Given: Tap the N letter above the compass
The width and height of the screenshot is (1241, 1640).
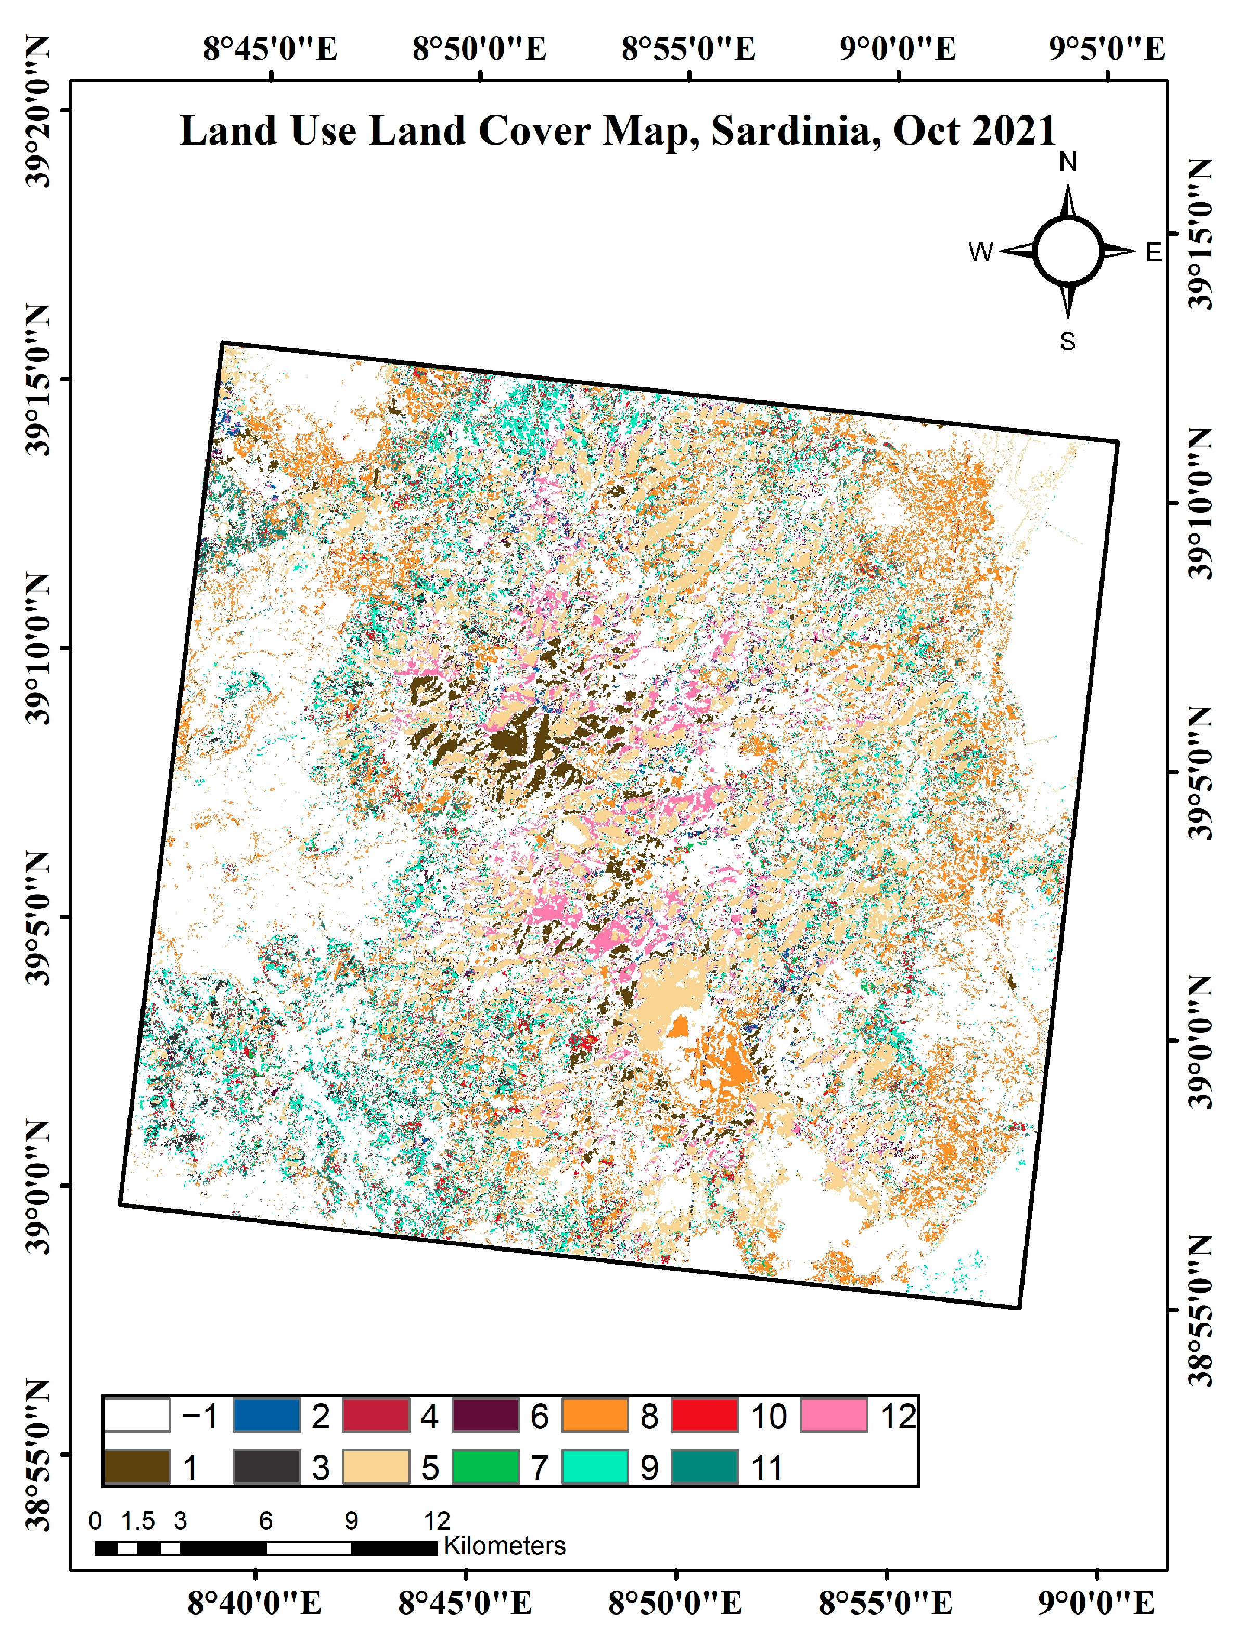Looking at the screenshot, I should [1067, 162].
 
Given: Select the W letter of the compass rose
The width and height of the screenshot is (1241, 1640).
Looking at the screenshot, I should [980, 252].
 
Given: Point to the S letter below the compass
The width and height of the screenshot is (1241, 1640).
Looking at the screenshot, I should [1067, 342].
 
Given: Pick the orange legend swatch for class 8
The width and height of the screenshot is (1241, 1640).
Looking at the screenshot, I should [595, 1415].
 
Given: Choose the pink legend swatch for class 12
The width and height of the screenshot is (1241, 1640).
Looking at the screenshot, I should [834, 1415].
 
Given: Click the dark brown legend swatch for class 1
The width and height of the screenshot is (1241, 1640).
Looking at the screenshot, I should [136, 1467].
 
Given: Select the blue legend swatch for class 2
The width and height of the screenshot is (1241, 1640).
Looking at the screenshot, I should [266, 1415].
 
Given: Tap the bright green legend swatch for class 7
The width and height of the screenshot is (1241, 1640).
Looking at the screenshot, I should [485, 1467].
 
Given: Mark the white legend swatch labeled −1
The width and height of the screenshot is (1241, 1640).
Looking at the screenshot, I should [136, 1415].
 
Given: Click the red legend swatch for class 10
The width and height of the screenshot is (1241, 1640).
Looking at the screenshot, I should [705, 1415].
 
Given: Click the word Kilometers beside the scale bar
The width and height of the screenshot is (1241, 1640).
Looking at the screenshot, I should [504, 1546].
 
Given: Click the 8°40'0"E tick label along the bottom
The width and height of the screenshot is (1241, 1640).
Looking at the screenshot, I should [254, 1604].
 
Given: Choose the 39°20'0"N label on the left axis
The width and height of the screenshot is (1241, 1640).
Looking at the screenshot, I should [37, 111].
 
